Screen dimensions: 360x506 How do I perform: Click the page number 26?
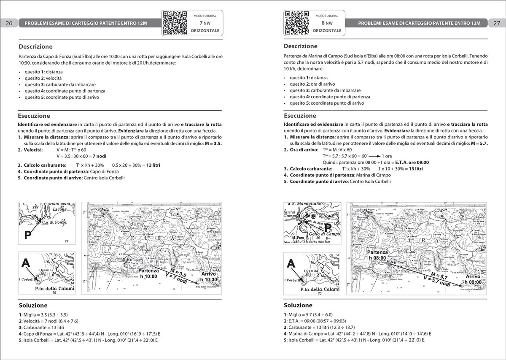(9, 23)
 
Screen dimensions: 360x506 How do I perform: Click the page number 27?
(496, 23)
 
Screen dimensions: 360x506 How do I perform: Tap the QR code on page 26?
(174, 22)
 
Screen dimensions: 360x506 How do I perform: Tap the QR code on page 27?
(298, 22)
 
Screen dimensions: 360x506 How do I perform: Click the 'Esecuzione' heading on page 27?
(300, 116)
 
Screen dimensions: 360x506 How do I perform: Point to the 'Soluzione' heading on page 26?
(33, 305)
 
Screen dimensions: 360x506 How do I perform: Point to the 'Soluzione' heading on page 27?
(298, 305)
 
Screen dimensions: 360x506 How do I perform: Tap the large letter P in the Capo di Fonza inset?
(28, 235)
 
